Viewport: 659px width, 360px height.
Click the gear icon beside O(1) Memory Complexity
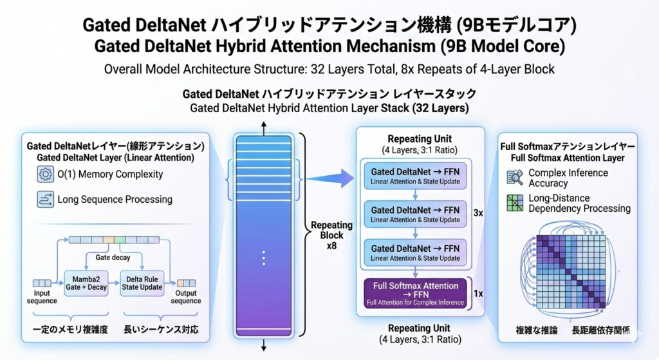46,174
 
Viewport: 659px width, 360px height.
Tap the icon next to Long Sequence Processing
46,200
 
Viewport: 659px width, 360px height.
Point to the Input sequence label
42,297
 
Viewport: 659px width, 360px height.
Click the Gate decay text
113,258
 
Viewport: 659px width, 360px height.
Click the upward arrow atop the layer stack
263,125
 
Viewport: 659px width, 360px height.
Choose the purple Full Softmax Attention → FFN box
415,293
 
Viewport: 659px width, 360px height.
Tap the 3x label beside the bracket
479,212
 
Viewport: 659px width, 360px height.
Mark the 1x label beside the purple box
479,293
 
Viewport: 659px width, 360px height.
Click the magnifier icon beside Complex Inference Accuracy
515,178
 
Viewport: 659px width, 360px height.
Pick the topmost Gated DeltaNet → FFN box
415,177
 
